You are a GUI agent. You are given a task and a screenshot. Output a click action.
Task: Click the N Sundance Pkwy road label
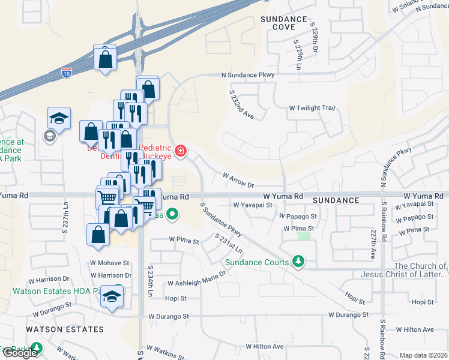pos(247,74)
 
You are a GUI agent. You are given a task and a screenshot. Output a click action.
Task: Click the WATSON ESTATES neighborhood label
pos(64,329)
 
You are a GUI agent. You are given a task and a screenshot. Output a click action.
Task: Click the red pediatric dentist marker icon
pos(180,149)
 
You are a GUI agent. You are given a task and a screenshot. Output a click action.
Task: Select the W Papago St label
pos(300,216)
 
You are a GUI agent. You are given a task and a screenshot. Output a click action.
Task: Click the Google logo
pos(20,353)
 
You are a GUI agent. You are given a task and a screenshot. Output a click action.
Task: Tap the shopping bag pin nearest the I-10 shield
pos(105,59)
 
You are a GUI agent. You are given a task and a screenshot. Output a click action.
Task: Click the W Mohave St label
pos(110,263)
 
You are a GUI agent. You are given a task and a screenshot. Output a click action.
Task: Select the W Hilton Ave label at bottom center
pos(264,346)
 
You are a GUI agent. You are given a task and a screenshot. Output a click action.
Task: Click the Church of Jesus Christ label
pos(420,270)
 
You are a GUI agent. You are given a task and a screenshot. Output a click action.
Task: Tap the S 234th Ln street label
pos(151,278)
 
